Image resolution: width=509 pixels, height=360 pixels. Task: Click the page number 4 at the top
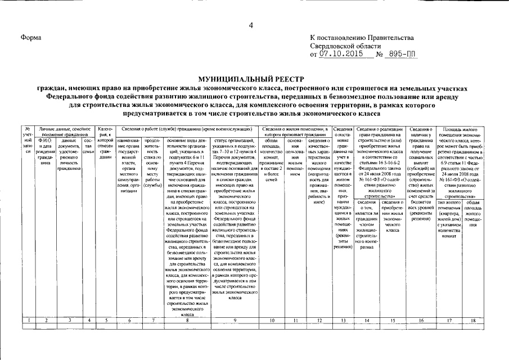tap(251, 24)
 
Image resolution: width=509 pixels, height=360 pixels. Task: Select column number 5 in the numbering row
tap(106, 321)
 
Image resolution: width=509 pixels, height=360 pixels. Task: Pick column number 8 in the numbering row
tap(187, 321)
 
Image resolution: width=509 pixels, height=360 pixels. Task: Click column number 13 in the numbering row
tap(343, 321)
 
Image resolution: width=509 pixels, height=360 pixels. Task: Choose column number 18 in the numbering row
tap(472, 321)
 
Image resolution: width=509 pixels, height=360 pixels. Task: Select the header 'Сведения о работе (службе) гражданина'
tap(186, 129)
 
